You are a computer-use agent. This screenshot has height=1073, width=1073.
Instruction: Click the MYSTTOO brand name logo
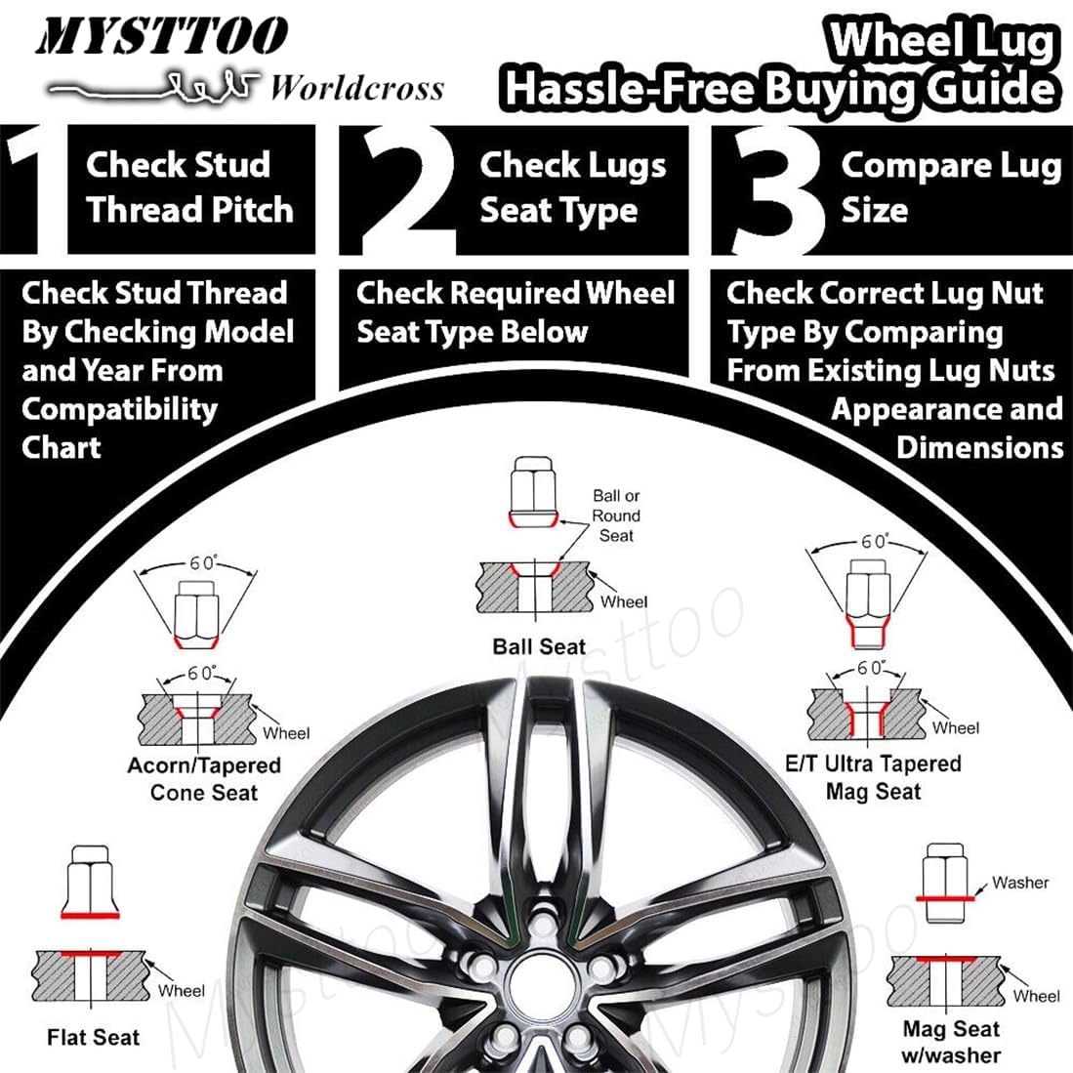click(162, 37)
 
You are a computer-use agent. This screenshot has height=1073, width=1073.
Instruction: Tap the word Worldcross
click(356, 89)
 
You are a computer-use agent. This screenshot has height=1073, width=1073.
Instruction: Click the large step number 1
click(28, 189)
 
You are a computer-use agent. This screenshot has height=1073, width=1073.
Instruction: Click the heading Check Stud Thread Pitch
click(189, 187)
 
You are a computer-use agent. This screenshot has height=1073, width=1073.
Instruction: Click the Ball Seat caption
click(539, 646)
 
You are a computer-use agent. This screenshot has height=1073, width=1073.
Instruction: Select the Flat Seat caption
click(94, 1037)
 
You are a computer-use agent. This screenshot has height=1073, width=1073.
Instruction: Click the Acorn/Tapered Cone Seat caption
click(204, 779)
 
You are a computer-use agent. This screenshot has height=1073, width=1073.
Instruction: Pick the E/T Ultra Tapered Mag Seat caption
click(873, 777)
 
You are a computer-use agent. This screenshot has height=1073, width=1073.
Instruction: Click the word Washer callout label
click(1019, 883)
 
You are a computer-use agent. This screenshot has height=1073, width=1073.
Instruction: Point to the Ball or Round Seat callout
click(616, 516)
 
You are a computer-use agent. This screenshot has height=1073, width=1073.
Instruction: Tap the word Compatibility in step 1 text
click(119, 409)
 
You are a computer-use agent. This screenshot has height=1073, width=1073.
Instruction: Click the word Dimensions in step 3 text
click(979, 447)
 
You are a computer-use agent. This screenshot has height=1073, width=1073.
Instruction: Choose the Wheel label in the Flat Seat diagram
click(181, 990)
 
